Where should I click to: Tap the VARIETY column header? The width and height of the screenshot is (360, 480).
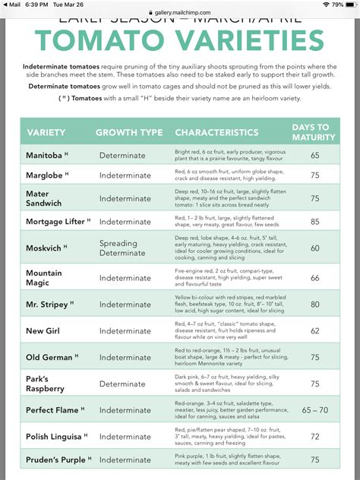(46, 132)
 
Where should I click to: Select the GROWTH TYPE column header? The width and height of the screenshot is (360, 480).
(129, 132)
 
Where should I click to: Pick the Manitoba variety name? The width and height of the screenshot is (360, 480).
(44, 155)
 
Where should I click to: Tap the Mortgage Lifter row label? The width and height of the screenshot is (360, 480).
(55, 222)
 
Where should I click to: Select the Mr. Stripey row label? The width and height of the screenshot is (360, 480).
(47, 305)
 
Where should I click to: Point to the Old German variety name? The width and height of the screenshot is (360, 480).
(49, 357)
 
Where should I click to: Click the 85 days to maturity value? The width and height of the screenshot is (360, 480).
(314, 223)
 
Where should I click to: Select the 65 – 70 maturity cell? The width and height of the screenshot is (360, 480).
(314, 410)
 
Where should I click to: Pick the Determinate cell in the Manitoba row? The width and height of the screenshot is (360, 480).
(122, 156)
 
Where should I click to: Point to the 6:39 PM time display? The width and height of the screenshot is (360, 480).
(36, 5)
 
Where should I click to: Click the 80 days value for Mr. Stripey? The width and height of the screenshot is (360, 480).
(314, 305)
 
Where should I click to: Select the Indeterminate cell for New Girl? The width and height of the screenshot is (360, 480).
(125, 331)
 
